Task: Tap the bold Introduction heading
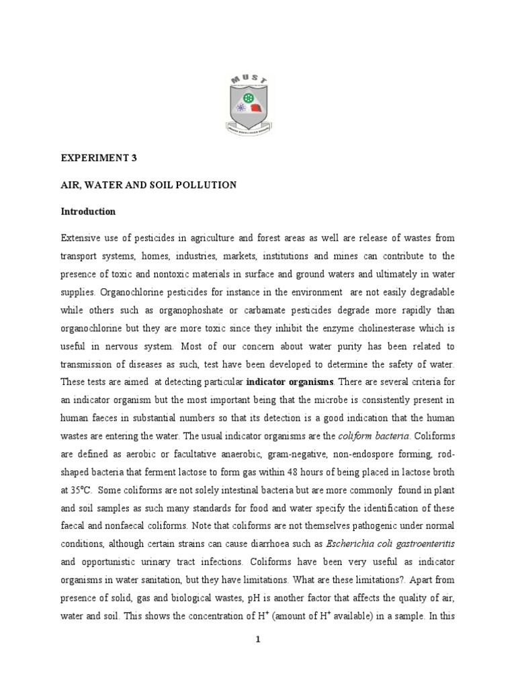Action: [x=88, y=212]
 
